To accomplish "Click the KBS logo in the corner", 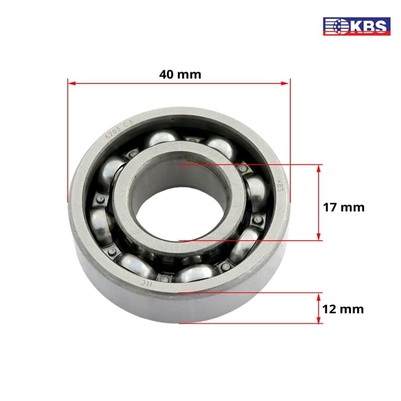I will click(357, 26).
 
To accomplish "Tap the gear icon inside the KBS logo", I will click(336, 26).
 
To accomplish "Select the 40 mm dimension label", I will click(180, 74).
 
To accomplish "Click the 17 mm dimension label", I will click(343, 207).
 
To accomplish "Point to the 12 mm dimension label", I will click(343, 309).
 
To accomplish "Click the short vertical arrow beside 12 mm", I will click(319, 308).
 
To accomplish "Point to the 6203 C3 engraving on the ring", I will click(119, 128).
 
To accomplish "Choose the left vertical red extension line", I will click(68, 141).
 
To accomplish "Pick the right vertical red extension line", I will click(289, 141).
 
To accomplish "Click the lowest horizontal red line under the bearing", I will click(251, 323).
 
